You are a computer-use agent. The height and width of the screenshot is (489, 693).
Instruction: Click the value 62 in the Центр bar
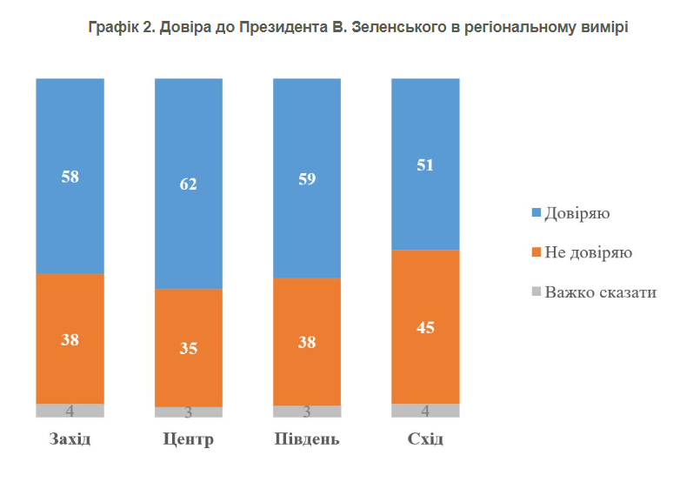tap(188, 184)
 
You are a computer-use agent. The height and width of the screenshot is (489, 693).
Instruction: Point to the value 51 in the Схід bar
tap(425, 166)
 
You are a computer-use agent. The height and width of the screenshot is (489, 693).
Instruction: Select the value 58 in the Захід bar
tap(70, 177)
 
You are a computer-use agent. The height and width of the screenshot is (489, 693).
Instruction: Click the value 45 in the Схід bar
tap(425, 328)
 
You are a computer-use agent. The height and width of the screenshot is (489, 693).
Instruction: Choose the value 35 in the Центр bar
tap(188, 349)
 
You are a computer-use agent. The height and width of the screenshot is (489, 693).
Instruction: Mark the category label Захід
tap(70, 439)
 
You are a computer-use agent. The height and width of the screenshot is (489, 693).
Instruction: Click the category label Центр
tap(188, 439)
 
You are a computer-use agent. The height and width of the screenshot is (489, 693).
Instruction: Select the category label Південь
tap(307, 439)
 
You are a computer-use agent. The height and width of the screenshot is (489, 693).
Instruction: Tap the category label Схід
tap(425, 439)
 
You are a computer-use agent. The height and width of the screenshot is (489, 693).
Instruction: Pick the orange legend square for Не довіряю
tap(536, 252)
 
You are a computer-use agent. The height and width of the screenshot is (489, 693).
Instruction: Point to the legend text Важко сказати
tap(600, 291)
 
